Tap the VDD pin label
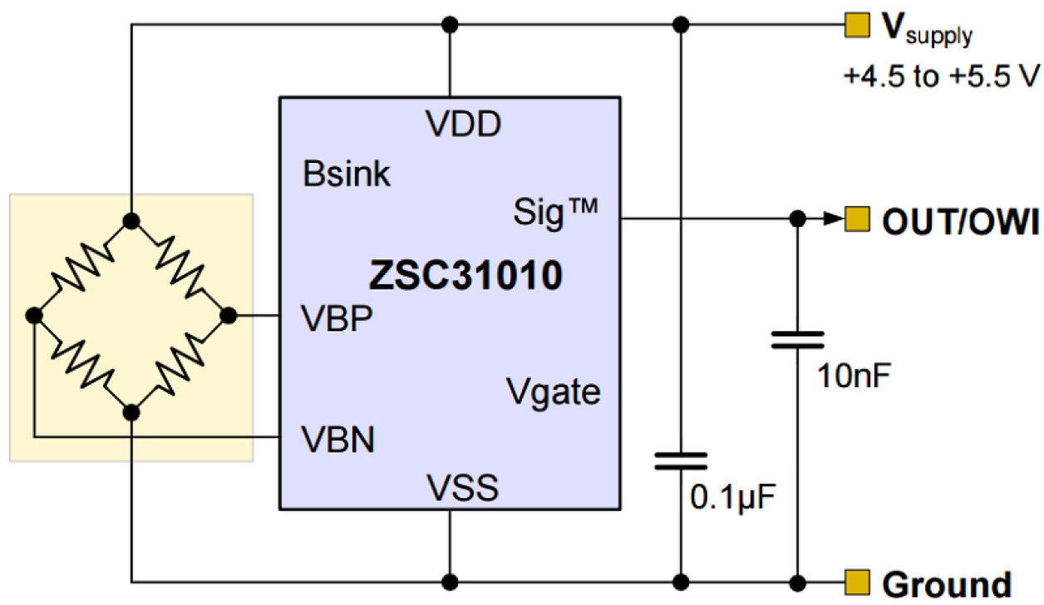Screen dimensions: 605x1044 (x=464, y=125)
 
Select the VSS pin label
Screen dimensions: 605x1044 (x=463, y=488)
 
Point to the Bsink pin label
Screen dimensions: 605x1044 (x=347, y=175)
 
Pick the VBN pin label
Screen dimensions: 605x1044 (x=337, y=440)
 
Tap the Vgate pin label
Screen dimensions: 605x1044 (x=553, y=391)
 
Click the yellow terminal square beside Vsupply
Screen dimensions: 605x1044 (x=854, y=25)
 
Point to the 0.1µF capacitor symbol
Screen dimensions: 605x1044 (x=681, y=460)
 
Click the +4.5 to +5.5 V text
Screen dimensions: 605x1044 (x=941, y=77)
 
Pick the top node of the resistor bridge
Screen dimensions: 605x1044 (x=130, y=220)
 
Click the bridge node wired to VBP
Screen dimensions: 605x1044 (x=227, y=316)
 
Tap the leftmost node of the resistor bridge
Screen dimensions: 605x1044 (x=34, y=316)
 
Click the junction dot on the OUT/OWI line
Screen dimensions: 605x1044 (x=797, y=219)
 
